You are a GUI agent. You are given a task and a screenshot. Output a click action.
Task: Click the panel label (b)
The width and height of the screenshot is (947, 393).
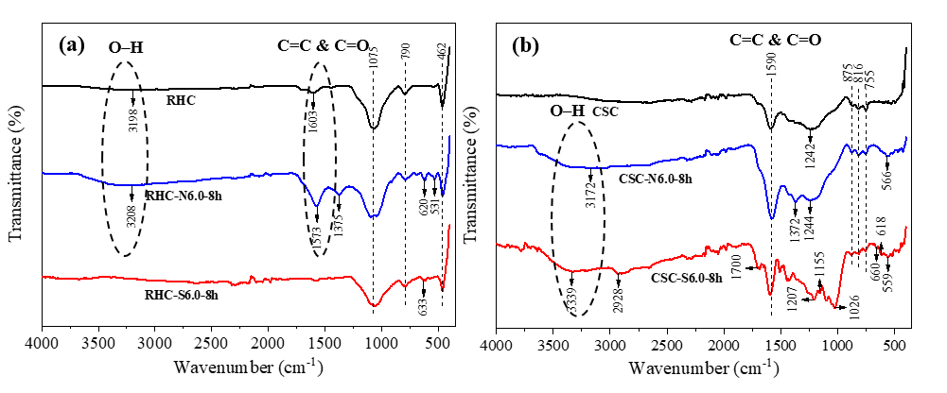click(526, 44)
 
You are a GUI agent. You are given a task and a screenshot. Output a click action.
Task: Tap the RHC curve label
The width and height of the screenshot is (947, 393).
click(180, 99)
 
